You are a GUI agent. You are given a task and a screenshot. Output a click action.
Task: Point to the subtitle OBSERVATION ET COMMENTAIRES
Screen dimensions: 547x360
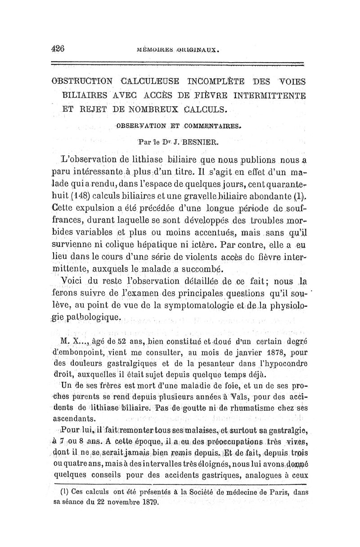point(179,127)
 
